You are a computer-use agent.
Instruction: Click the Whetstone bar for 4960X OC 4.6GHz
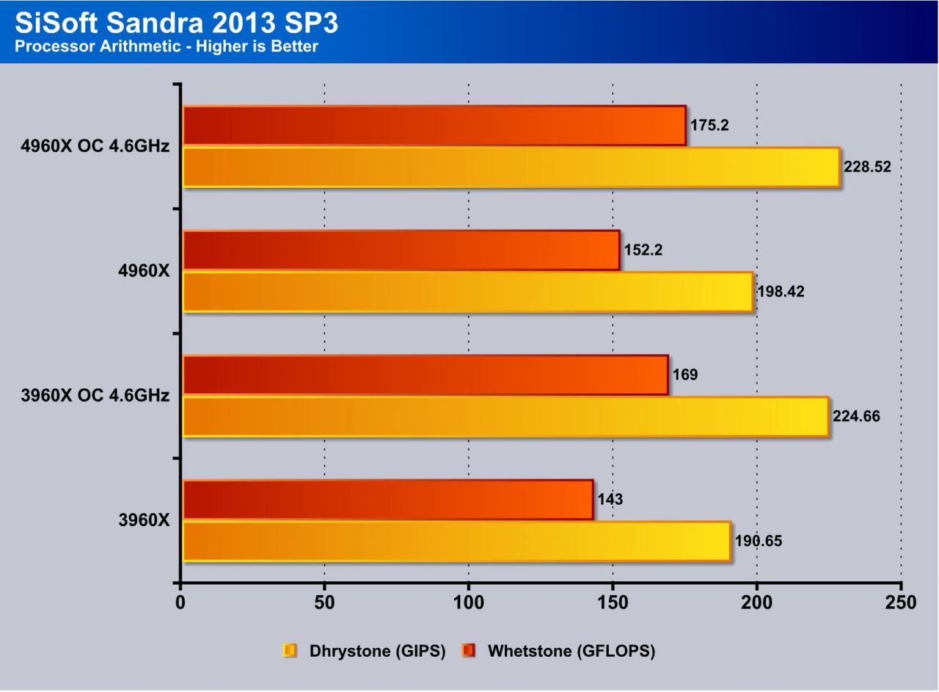[434, 125]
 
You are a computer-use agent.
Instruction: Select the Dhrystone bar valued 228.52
[511, 167]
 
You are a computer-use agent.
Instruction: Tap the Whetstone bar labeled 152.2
[401, 250]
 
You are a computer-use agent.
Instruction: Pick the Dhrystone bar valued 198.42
[468, 291]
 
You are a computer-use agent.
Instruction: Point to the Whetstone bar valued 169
[425, 375]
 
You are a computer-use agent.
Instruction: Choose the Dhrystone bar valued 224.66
[505, 416]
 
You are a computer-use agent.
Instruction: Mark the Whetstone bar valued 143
[388, 500]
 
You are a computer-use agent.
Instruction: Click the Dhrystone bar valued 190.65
[456, 541]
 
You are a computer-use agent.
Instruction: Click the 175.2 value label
[709, 125]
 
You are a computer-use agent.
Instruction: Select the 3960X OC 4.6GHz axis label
[96, 396]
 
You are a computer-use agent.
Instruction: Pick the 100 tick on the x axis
[469, 603]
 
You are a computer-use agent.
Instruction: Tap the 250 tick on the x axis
[901, 603]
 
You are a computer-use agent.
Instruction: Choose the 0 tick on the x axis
[180, 603]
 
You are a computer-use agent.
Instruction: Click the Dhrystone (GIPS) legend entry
[377, 651]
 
